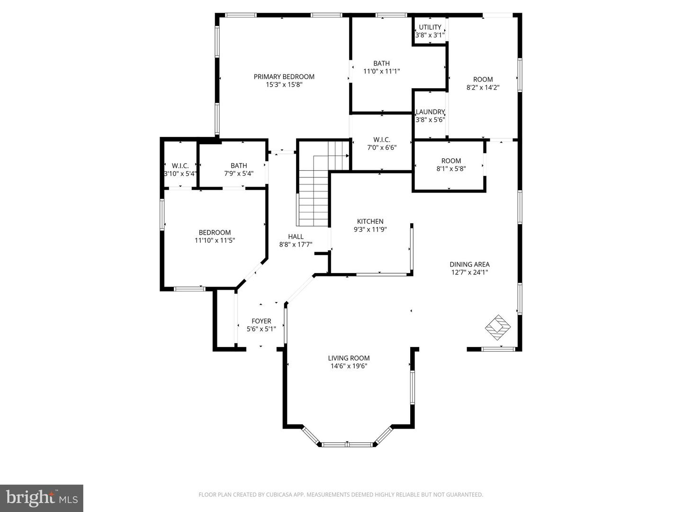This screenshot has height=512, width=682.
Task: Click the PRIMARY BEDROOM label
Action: (284, 77)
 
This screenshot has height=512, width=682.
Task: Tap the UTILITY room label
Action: (430, 27)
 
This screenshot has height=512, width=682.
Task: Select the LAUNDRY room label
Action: (430, 112)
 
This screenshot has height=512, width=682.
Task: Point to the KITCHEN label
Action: (370, 221)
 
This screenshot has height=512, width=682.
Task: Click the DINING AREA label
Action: (469, 265)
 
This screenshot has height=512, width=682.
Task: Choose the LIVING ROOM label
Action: (349, 358)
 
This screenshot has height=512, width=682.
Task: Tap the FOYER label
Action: (261, 321)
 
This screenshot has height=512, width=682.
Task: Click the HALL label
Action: (296, 237)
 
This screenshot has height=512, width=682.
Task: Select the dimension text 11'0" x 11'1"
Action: (382, 72)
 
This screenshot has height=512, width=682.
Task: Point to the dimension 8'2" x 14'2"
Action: (483, 87)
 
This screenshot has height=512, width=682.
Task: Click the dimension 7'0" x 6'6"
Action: (382, 147)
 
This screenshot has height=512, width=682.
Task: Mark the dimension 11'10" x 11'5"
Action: (215, 240)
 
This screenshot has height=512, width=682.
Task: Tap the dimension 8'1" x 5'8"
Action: (451, 168)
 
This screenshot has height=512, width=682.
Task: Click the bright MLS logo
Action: (42, 498)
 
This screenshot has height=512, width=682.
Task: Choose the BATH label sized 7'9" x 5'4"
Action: (239, 165)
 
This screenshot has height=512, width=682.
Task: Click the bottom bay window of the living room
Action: (348, 444)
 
